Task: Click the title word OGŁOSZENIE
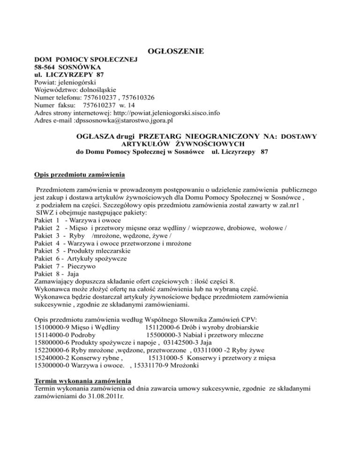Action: tap(172, 51)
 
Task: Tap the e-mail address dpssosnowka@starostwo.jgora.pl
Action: tap(122, 120)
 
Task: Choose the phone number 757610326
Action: tap(138, 98)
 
